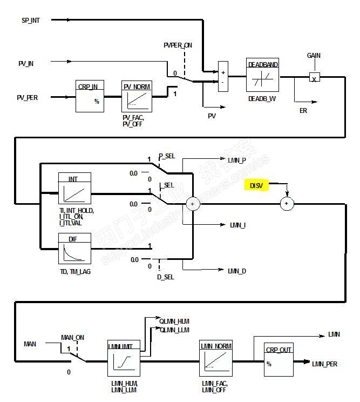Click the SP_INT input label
pos(31,20)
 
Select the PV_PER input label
pos(28,98)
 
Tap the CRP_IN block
pos(90,96)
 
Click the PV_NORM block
pos(135,96)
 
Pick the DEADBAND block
pos(263,76)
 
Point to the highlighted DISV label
pos(256,185)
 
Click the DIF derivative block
pos(74,249)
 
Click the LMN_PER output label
pos(324,364)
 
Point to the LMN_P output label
pos(237,160)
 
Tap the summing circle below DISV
pos(287,204)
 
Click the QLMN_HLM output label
pos(174,321)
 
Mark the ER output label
pos(303,110)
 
